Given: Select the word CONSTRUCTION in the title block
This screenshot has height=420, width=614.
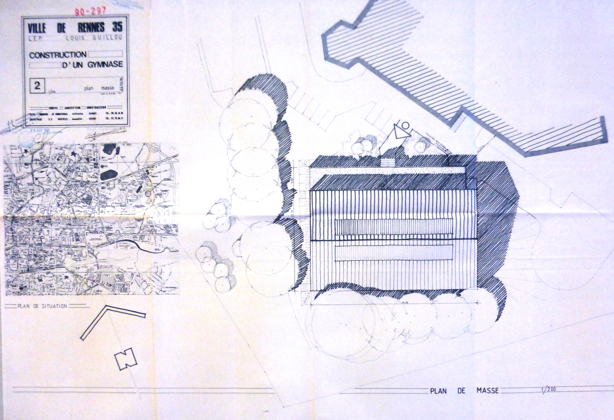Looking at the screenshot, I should (58, 55).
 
